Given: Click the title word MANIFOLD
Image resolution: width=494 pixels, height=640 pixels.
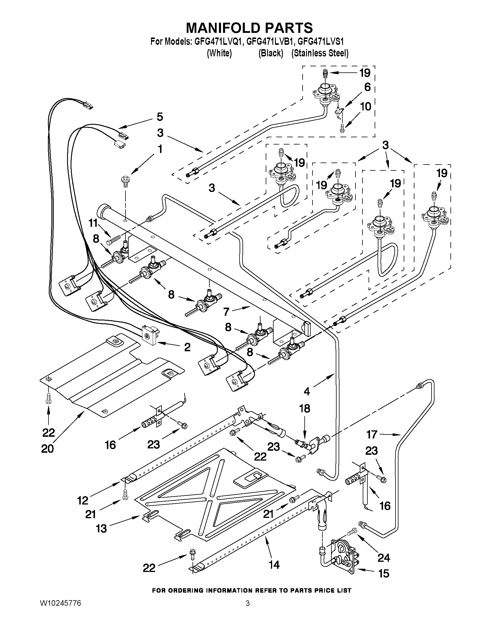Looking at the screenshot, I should click(x=223, y=28).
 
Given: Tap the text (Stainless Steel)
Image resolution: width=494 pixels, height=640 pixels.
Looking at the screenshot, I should click(x=320, y=53).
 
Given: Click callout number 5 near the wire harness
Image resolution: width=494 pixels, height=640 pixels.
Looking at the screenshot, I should click(x=159, y=117).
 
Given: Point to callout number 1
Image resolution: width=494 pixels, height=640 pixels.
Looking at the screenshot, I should click(x=160, y=149).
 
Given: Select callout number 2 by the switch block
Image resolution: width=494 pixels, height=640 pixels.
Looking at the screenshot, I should click(x=187, y=347).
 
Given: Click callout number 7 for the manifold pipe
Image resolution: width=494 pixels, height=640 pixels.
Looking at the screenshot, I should click(x=226, y=312).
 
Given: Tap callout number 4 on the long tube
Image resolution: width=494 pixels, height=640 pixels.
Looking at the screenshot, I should click(x=307, y=391).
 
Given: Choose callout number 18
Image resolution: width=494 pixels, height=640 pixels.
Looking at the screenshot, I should click(x=305, y=409).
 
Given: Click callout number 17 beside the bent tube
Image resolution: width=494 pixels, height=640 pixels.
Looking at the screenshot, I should click(x=372, y=434).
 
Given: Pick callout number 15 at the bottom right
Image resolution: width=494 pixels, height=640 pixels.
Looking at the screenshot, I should click(x=384, y=573).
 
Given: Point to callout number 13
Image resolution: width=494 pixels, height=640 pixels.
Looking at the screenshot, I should click(x=102, y=529).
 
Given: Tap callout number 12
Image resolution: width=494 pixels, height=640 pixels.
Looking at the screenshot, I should click(x=83, y=500).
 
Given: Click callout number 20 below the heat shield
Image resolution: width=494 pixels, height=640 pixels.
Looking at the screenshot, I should click(x=47, y=449).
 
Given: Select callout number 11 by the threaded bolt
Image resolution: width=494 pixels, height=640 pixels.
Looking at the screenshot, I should click(x=93, y=223).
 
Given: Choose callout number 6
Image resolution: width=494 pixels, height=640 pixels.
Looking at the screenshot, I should click(x=368, y=87).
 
